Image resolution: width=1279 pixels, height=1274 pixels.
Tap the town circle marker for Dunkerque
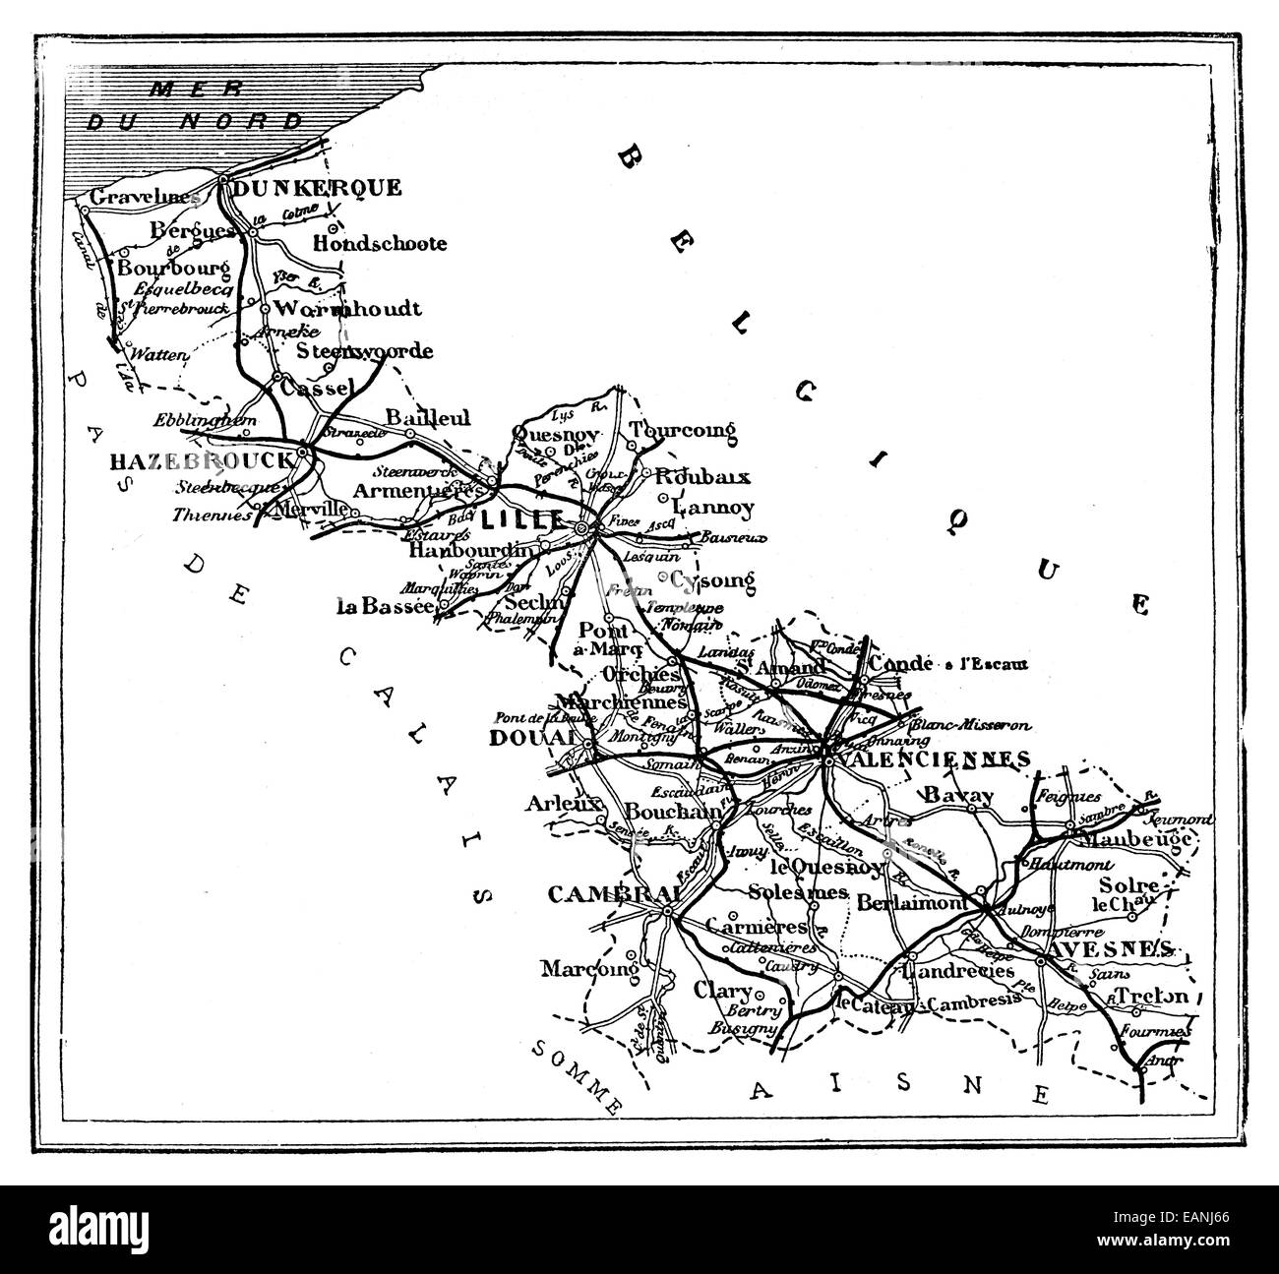[224, 182]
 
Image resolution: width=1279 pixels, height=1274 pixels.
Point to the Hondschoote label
[380, 243]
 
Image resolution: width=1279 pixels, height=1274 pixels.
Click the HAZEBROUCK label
[202, 460]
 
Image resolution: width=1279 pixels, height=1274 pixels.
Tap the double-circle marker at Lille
[582, 529]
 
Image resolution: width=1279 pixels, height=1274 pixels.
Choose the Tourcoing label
[683, 431]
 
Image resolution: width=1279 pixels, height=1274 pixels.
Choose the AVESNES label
[1111, 947]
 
